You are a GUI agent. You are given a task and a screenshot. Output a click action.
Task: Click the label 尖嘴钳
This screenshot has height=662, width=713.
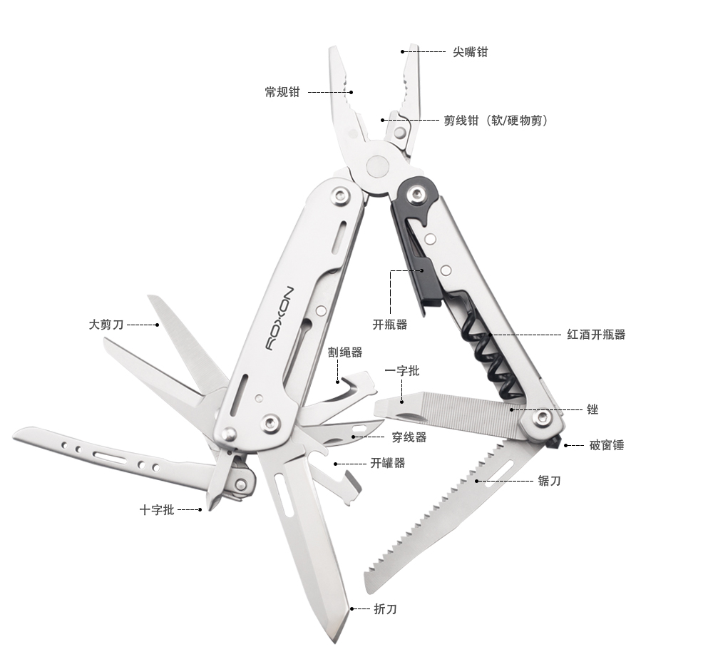[470, 52]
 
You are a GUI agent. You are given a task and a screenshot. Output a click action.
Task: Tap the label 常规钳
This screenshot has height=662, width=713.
[282, 92]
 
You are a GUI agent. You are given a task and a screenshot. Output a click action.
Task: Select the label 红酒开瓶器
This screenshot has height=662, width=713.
[596, 335]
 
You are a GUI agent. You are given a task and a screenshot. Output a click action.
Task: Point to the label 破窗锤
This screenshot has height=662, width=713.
[607, 445]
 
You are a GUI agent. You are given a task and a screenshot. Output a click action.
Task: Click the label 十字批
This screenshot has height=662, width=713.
[157, 509]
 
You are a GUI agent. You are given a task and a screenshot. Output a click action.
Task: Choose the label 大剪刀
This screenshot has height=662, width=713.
[106, 325]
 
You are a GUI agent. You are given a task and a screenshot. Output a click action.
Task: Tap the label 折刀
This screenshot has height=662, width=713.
[385, 608]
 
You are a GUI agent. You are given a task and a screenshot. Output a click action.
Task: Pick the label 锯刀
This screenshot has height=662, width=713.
[549, 481]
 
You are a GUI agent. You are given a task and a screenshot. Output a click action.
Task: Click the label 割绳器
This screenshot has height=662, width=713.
[345, 352]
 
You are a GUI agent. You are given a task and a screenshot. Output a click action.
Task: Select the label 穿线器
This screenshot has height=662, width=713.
[409, 437]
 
